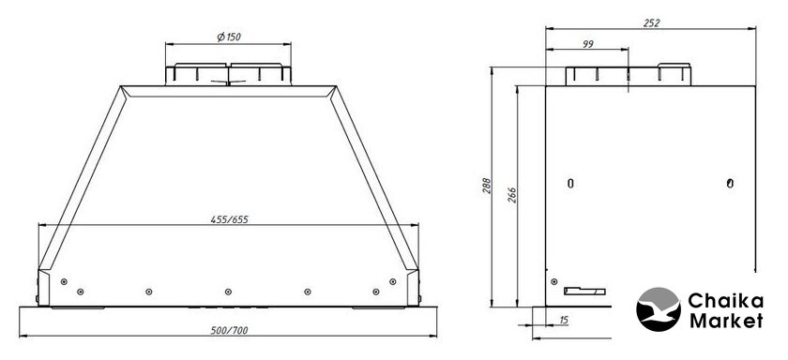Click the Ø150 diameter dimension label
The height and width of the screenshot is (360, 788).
click(229, 37)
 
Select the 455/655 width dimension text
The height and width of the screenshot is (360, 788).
click(229, 219)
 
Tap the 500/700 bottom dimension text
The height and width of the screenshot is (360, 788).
click(229, 330)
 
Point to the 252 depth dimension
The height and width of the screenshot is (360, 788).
click(651, 22)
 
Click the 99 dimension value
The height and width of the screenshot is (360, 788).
click(588, 44)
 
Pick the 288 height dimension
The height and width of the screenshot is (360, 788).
click(486, 186)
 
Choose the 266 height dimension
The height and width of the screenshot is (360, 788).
click(511, 195)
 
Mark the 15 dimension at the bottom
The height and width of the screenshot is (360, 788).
click(564, 320)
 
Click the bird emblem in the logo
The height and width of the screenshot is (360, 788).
click(659, 309)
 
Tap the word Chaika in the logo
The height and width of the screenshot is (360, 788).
click(726, 301)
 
